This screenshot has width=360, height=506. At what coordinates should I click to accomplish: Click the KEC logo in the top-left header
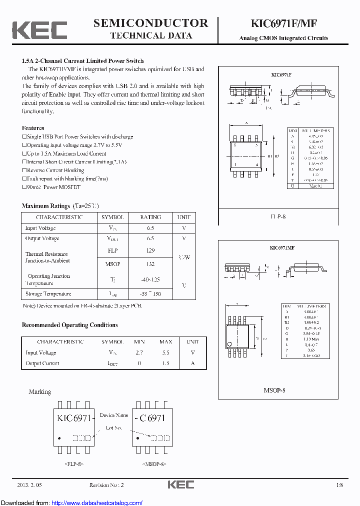click(x=39, y=30)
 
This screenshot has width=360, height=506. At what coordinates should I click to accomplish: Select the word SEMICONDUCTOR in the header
click(x=150, y=23)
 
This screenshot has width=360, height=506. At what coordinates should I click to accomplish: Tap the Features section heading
click(x=33, y=128)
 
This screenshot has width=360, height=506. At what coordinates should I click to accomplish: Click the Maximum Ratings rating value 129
click(x=150, y=250)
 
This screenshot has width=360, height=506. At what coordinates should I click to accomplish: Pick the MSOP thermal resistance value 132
click(x=150, y=264)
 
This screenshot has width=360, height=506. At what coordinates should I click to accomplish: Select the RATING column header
click(x=150, y=217)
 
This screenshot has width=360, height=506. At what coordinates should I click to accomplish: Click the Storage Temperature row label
click(x=48, y=294)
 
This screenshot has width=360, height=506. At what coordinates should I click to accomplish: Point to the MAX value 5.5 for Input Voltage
click(x=165, y=352)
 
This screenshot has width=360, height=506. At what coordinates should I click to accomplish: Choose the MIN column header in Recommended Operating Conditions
click(x=139, y=342)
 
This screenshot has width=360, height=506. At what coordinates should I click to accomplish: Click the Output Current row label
click(x=42, y=363)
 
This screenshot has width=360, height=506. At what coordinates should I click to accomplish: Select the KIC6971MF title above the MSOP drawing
click(x=282, y=247)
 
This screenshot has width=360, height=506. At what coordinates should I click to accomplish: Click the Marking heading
click(x=40, y=391)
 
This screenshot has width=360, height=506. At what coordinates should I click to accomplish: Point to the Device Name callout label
click(x=114, y=415)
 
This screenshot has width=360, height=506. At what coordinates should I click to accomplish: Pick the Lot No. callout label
click(x=114, y=427)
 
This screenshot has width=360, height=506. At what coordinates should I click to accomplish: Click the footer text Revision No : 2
click(x=106, y=485)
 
